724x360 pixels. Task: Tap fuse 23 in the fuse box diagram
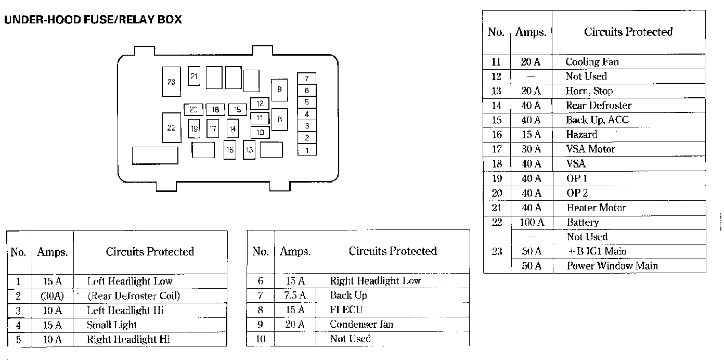(x=171, y=82)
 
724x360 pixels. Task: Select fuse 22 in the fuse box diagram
(x=171, y=127)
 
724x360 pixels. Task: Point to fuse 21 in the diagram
(x=194, y=76)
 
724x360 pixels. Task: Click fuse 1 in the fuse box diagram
(x=307, y=150)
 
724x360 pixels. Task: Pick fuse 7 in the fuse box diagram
(x=307, y=79)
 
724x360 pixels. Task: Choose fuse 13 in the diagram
(x=249, y=150)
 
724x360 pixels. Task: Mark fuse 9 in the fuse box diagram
(x=279, y=90)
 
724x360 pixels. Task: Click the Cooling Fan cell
(x=592, y=62)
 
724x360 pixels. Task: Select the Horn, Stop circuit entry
(x=589, y=91)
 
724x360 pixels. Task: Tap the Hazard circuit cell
(x=581, y=134)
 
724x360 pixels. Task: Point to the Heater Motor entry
(x=596, y=208)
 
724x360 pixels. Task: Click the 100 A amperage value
(x=532, y=223)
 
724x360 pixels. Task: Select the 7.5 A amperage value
(x=295, y=295)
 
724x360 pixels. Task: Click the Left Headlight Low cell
(x=130, y=281)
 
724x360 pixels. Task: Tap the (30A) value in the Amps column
(x=51, y=297)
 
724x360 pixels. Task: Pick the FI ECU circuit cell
(x=346, y=310)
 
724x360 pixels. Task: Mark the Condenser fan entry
(x=361, y=325)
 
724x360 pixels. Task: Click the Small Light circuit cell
(x=112, y=326)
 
